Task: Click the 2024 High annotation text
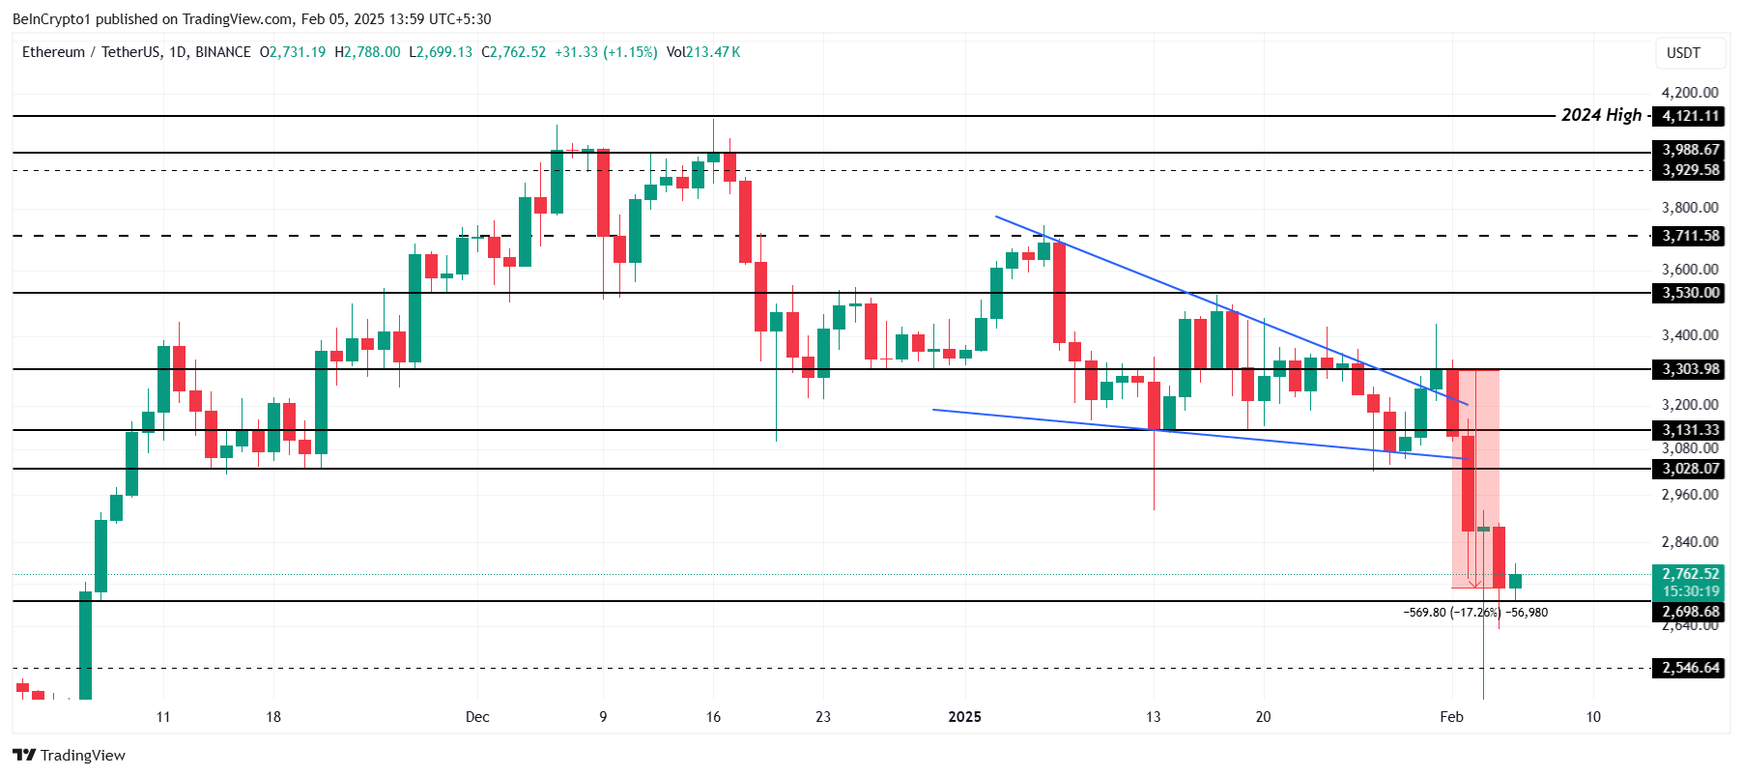pos(1601,115)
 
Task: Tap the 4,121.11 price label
pos(1690,116)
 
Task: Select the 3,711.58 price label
pos(1690,236)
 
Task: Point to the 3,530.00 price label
pos(1690,293)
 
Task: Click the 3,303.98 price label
pos(1690,369)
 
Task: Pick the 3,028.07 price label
pos(1690,469)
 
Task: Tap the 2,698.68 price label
pos(1690,612)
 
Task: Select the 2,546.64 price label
pos(1690,668)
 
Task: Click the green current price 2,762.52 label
pos(1690,574)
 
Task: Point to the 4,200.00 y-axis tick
pos(1690,93)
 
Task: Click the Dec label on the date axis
pos(477,717)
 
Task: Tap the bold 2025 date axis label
pos(964,717)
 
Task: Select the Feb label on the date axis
pos(1451,717)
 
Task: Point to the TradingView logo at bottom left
pos(69,755)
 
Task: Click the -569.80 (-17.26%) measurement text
pos(1452,613)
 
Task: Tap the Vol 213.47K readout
pos(703,52)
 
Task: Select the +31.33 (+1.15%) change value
pos(606,52)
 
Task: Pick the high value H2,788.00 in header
pos(367,52)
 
